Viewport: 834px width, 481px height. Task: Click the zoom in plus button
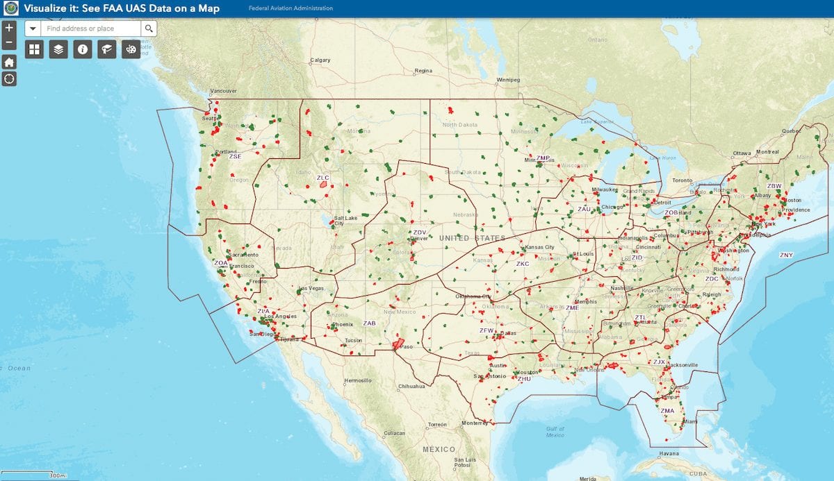pos(9,28)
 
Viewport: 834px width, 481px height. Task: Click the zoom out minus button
pos(9,43)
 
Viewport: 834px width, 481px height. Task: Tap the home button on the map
pos(9,62)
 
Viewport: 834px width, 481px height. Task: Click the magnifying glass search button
pos(149,28)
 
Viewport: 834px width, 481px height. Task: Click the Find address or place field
pos(90,28)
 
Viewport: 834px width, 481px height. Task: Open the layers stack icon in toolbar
pos(58,49)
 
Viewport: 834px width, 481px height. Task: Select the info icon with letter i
pos(83,49)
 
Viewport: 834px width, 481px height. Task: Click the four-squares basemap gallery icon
pos(34,49)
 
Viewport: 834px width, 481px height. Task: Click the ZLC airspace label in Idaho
pos(322,178)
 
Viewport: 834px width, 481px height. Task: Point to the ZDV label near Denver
pos(419,233)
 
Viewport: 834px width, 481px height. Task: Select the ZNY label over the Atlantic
pos(786,255)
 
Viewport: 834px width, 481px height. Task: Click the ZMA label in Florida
pos(667,411)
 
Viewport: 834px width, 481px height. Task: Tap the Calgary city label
pos(320,60)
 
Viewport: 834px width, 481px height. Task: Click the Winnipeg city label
pos(507,80)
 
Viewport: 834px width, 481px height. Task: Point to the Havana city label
pos(669,454)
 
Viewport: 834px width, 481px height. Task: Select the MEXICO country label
pos(439,449)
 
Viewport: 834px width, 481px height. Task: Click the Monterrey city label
pos(475,423)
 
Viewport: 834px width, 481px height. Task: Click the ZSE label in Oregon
pos(235,156)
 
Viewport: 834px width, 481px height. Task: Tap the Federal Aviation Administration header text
pos(291,8)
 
